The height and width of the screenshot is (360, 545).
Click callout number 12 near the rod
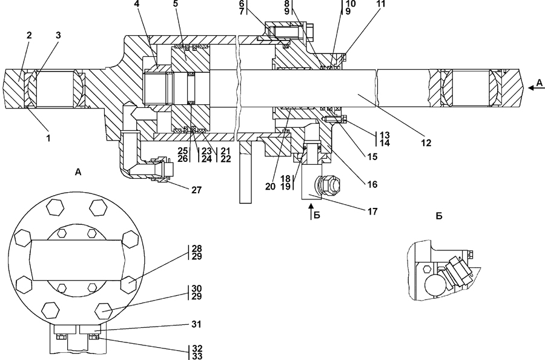[426, 142]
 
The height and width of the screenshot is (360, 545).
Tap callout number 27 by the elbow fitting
[196, 190]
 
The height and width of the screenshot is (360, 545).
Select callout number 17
[372, 212]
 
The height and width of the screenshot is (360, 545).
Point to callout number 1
[48, 138]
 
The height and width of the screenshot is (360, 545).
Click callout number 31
[196, 324]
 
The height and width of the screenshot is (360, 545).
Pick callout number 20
[271, 187]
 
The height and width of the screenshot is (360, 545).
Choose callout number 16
[372, 184]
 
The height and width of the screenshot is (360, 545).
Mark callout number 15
[372, 157]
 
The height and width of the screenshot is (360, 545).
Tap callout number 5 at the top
[176, 4]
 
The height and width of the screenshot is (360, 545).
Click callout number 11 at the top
[381, 4]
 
